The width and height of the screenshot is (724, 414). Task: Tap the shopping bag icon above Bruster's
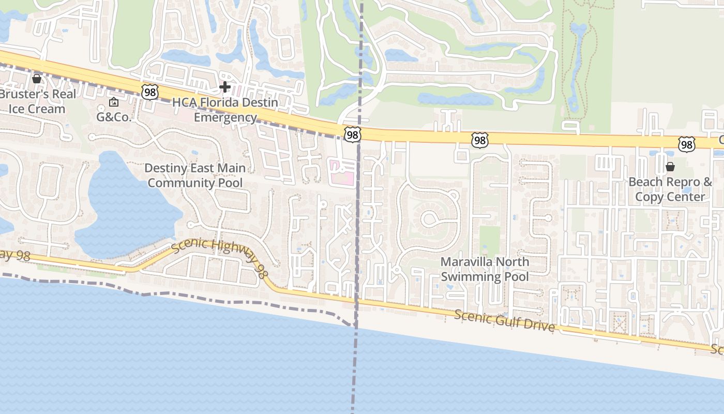point(37,79)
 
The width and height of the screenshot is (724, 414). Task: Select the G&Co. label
point(114,117)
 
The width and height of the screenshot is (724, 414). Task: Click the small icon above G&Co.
point(114,102)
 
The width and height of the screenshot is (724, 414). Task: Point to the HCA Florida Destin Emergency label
point(225,110)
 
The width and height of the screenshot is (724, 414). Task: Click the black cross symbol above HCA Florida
point(225,87)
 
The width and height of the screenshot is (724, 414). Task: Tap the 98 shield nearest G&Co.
point(149,92)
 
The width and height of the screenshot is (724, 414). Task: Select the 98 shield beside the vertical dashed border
point(352,135)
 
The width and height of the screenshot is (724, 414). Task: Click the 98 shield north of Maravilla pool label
point(479,140)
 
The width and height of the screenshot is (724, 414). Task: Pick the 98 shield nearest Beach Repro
point(687,144)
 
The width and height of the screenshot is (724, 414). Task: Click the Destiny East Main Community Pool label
point(195,175)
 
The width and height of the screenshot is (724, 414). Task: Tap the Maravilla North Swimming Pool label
point(485,269)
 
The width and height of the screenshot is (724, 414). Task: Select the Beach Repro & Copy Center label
point(670,189)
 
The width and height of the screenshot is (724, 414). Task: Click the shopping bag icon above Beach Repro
point(670,167)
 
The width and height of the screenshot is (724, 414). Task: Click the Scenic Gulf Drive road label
point(505,321)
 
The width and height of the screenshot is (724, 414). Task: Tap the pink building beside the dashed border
point(342,172)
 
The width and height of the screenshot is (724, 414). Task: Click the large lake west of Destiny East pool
point(119,207)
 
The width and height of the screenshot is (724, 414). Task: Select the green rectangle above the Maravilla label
point(489,240)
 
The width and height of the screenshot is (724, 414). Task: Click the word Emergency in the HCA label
point(225,117)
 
